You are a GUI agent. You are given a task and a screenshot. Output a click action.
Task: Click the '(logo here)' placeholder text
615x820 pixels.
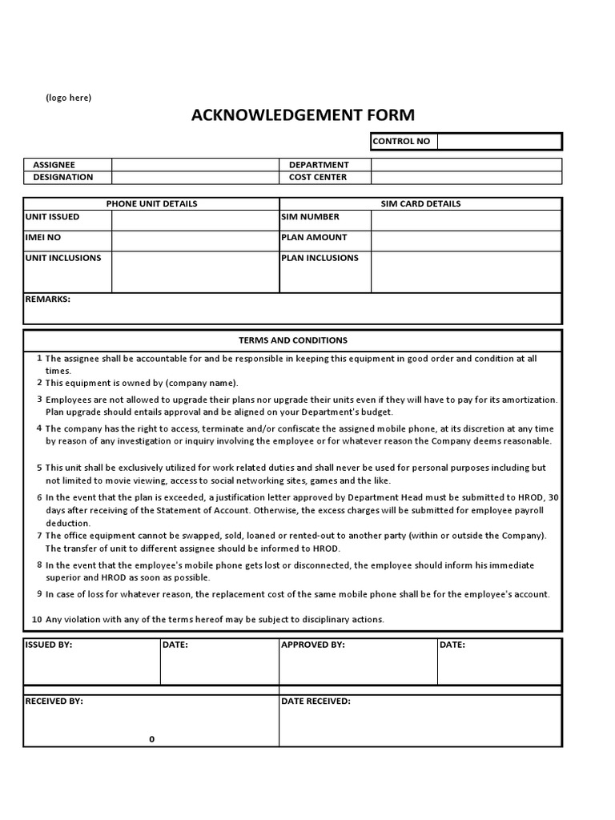pyautogui.click(x=68, y=98)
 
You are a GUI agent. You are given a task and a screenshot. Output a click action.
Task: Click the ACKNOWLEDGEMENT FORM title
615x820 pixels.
pyautogui.click(x=303, y=115)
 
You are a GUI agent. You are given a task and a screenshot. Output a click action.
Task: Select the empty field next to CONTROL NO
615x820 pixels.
pyautogui.click(x=499, y=142)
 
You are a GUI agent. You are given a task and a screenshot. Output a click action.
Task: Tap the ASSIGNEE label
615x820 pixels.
pyautogui.click(x=54, y=165)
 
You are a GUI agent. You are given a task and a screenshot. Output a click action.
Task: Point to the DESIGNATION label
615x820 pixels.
pyautogui.click(x=62, y=177)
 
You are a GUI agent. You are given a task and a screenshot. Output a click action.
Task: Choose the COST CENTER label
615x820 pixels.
pyautogui.click(x=318, y=177)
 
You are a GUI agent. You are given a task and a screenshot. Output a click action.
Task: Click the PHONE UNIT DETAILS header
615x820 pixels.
pyautogui.click(x=151, y=203)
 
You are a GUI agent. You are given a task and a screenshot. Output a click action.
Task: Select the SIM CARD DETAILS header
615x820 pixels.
pyautogui.click(x=420, y=203)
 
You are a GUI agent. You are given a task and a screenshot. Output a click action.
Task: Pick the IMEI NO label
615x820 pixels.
pyautogui.click(x=43, y=237)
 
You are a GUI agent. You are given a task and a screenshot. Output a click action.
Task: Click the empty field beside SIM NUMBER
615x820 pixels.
pyautogui.click(x=466, y=220)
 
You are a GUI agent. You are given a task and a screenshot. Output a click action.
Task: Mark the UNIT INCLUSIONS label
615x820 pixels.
pyautogui.click(x=63, y=258)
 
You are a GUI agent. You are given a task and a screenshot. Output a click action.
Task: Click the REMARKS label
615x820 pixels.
pyautogui.click(x=48, y=299)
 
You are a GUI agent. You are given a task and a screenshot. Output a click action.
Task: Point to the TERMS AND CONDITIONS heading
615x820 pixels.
pyautogui.click(x=293, y=340)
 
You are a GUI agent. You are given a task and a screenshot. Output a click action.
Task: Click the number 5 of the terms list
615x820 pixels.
pyautogui.click(x=38, y=467)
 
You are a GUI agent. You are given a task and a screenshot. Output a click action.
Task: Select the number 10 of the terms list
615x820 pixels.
pyautogui.click(x=37, y=619)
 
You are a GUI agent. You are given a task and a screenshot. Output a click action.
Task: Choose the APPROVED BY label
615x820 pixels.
pyautogui.click(x=313, y=644)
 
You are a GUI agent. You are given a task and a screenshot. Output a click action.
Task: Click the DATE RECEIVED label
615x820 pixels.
pyautogui.click(x=316, y=701)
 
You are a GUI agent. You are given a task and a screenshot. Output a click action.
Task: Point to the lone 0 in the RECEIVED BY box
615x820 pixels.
pyautogui.click(x=151, y=739)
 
